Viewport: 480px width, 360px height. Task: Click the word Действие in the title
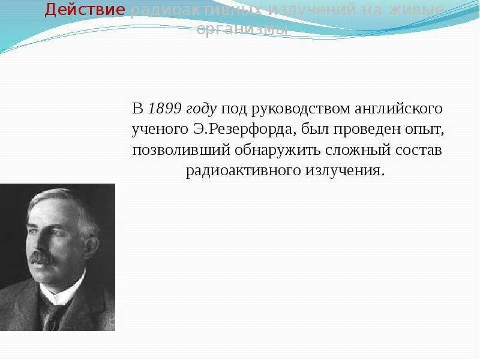click(85, 10)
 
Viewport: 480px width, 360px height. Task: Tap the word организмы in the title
click(242, 29)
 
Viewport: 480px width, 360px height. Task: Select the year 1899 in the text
click(164, 109)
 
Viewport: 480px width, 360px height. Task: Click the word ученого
click(157, 130)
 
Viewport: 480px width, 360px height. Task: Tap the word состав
click(418, 150)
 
